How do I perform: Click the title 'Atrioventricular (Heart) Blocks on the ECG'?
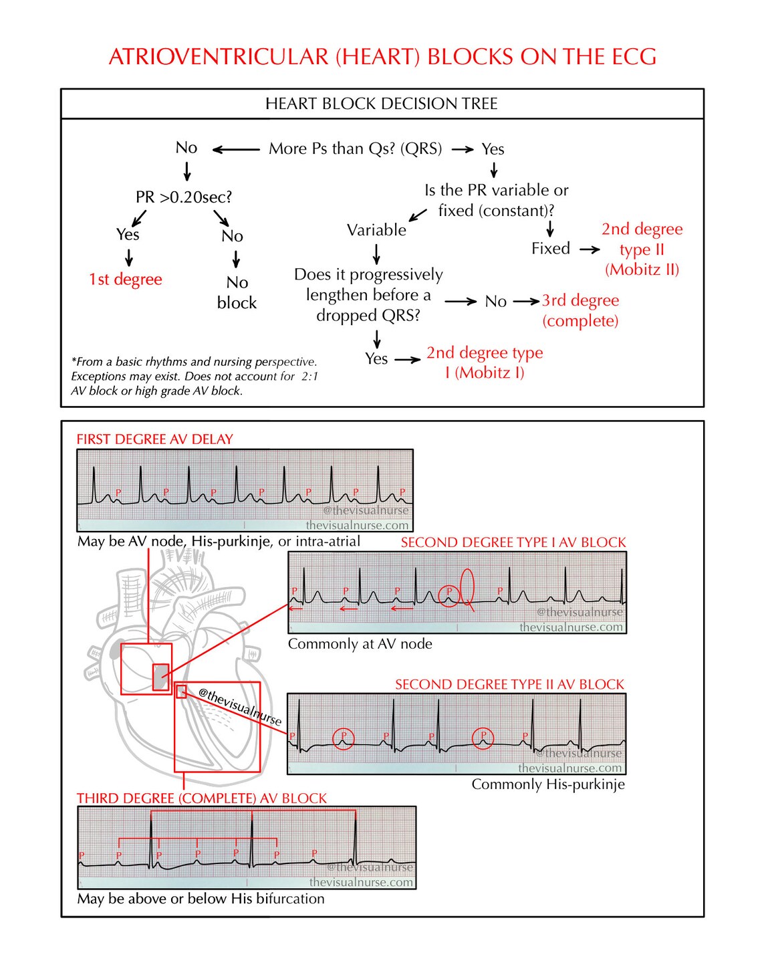[x=382, y=57]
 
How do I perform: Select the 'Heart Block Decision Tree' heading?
[x=381, y=104]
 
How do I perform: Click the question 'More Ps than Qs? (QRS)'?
[x=355, y=148]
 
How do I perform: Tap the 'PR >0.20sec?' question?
[x=184, y=197]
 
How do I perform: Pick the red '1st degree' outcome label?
[x=126, y=280]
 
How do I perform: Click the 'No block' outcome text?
[x=237, y=293]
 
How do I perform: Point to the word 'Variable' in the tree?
[x=376, y=230]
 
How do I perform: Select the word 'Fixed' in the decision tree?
[x=550, y=249]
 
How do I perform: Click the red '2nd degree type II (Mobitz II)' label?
[x=642, y=249]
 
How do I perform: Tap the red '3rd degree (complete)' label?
[x=580, y=310]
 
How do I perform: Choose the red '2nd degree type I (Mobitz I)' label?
[x=485, y=362]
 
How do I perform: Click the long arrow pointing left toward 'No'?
[x=236, y=150]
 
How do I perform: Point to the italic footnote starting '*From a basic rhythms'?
[x=195, y=377]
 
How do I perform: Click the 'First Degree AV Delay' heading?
[x=154, y=439]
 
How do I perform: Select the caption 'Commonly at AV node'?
[x=360, y=644]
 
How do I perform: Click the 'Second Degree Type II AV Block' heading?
[x=509, y=684]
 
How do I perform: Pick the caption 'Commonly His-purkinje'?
[x=548, y=784]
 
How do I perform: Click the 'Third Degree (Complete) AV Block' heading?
[x=202, y=798]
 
